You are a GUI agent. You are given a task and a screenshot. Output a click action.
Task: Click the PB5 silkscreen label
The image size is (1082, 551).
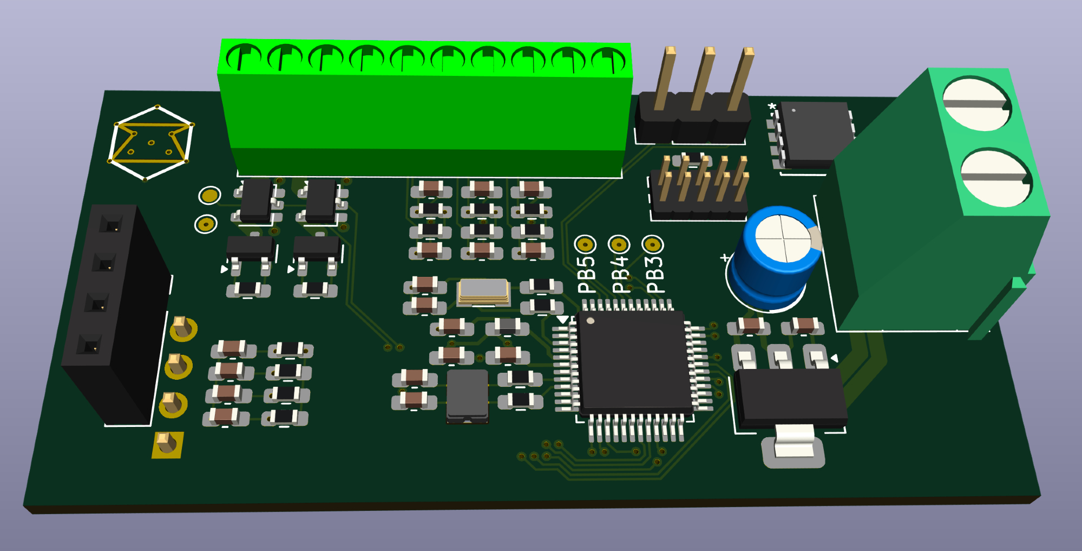[x=587, y=275]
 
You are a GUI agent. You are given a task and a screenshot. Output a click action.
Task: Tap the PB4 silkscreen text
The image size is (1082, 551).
[x=621, y=275]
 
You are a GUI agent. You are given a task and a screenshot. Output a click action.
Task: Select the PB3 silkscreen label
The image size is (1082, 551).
[x=654, y=275]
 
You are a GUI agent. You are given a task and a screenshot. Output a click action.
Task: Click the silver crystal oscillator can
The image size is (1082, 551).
[x=483, y=291]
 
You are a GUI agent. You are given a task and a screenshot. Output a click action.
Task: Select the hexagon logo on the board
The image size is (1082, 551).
[x=151, y=143]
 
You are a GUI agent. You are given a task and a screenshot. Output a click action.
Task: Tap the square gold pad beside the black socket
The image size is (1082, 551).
[x=168, y=444]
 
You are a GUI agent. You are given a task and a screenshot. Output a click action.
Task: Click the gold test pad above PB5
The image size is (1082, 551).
[x=585, y=245]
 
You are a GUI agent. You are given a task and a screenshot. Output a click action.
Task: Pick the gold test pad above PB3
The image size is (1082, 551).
[x=653, y=245]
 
